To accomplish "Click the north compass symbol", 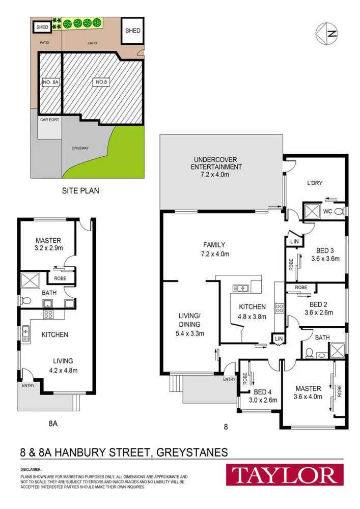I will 326,35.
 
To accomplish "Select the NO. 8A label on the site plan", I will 51,82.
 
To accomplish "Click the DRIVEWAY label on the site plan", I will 80,148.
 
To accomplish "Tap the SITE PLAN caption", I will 80,191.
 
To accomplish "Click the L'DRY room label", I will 314,183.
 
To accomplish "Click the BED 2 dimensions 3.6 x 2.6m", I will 318,313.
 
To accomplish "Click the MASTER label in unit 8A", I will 48,240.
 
